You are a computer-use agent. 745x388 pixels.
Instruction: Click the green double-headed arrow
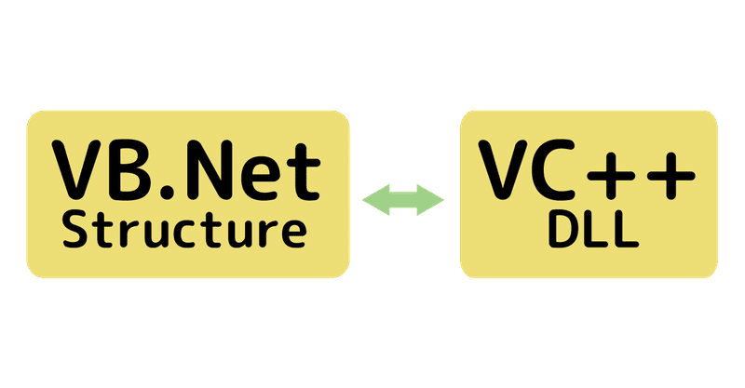[x=404, y=198]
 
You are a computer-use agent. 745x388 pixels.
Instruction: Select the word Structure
[x=183, y=230]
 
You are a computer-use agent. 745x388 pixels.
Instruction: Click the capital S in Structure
[x=76, y=230]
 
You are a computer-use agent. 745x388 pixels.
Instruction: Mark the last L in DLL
[x=624, y=231]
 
